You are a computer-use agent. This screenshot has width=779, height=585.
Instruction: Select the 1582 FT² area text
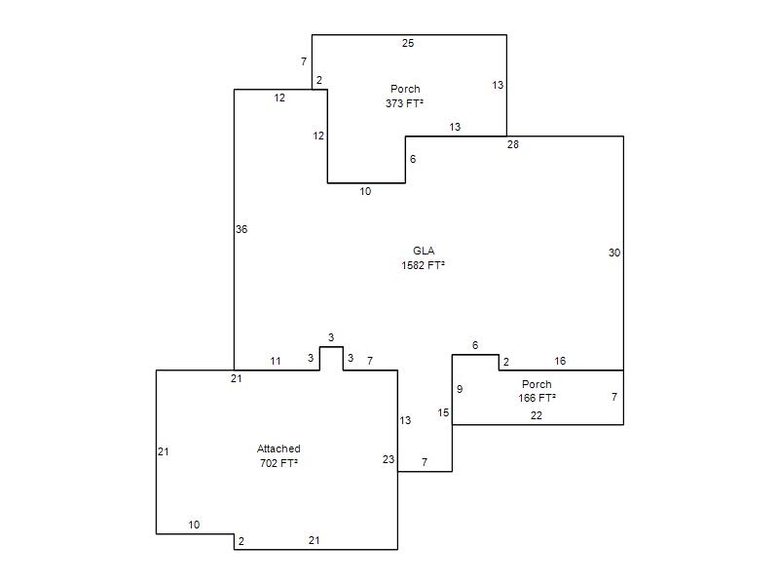tap(423, 264)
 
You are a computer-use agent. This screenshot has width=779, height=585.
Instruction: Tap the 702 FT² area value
tap(278, 463)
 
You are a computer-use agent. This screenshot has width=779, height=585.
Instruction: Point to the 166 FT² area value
tap(537, 398)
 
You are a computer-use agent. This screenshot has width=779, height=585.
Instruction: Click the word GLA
tap(424, 251)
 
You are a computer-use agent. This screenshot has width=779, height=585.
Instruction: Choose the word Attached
tap(278, 448)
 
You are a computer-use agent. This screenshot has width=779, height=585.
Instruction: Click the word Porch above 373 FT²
tap(405, 89)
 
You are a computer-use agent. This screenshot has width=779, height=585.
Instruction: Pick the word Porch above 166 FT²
tap(537, 384)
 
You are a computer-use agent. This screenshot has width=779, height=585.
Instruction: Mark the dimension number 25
tap(408, 43)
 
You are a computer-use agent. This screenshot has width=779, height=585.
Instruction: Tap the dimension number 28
tap(513, 144)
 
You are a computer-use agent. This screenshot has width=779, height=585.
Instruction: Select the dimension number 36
tap(241, 229)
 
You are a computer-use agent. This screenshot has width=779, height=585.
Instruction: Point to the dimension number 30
tap(614, 253)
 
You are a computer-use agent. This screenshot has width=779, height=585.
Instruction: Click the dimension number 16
tap(560, 362)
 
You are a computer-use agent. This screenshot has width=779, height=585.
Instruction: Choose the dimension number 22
tap(537, 415)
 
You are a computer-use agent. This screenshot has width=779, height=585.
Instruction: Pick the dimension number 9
tap(460, 389)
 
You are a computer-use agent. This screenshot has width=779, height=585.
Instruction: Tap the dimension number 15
tap(443, 413)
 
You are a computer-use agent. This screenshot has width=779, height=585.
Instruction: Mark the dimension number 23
tap(389, 459)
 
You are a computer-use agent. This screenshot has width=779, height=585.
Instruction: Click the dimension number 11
tap(276, 362)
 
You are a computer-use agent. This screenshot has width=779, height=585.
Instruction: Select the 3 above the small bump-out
tap(331, 337)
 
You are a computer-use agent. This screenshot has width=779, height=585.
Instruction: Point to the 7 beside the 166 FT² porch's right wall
tap(614, 397)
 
